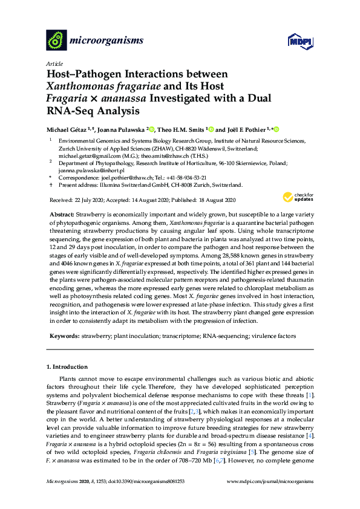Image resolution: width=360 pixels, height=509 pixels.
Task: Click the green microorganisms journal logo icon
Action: pos(56,41)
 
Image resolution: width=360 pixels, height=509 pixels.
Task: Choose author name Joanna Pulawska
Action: pos(120,129)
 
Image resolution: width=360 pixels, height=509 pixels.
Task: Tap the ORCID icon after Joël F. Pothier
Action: pos(277,129)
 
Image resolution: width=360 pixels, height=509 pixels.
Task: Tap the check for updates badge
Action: pos(297,196)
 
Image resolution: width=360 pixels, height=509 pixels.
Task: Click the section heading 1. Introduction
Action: pos(67,367)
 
